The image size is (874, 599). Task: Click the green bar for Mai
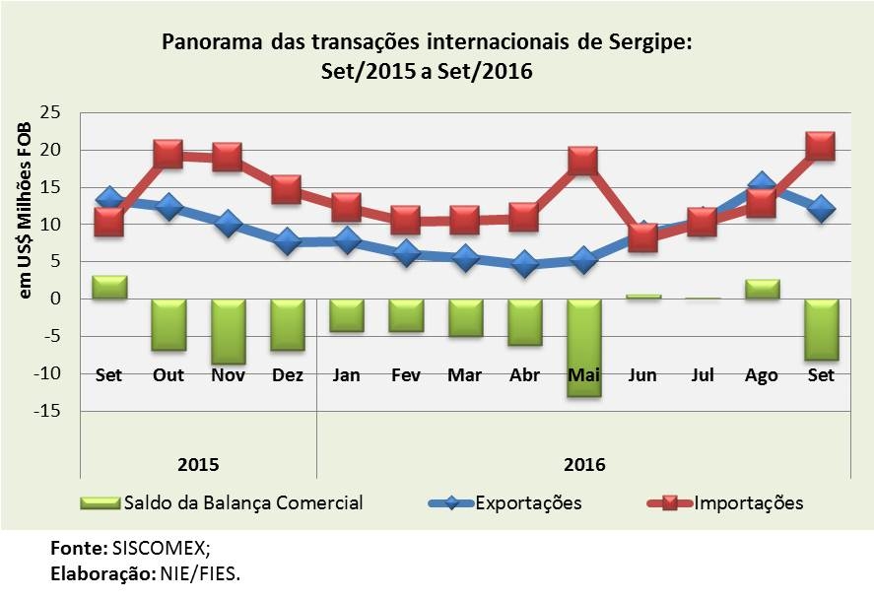coord(583,347)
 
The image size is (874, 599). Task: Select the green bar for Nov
coord(228,331)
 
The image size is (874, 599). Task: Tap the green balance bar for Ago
coord(762,289)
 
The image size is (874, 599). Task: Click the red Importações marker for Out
coord(168,154)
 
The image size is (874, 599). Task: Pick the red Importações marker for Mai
coord(583,160)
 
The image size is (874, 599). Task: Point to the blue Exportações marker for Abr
coord(524,264)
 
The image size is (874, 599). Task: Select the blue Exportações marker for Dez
coord(287,241)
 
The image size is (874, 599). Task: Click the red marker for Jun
coord(642,237)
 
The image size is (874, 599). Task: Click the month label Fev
coord(406,375)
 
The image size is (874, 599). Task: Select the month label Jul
coord(702,375)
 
